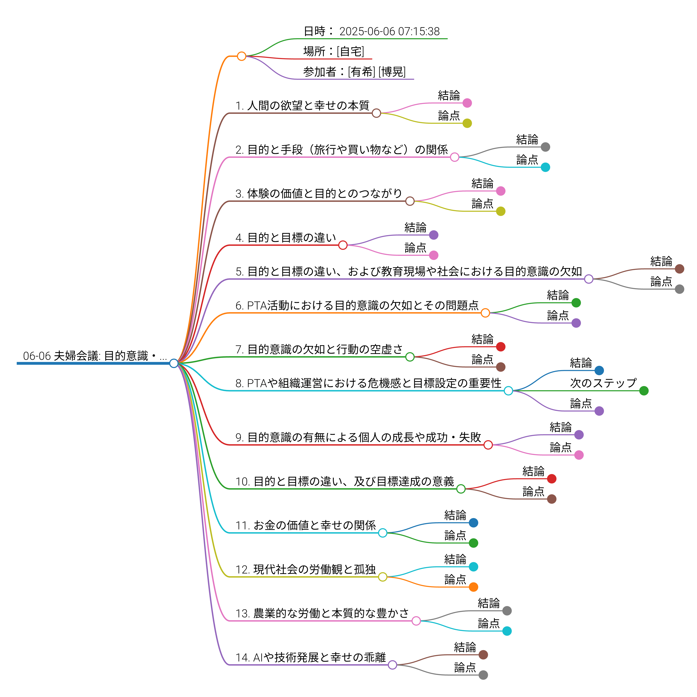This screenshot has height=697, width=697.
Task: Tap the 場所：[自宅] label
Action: click(334, 51)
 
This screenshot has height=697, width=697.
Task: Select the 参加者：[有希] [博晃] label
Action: click(354, 72)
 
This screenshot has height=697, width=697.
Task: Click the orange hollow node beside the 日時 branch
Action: click(242, 56)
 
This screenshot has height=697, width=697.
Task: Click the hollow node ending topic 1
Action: click(376, 113)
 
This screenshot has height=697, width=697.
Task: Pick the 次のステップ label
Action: click(603, 383)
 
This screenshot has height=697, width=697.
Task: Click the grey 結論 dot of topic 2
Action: click(545, 147)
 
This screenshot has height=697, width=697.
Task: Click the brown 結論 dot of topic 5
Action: click(679, 269)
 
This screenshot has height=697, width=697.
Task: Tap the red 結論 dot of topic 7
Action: click(501, 347)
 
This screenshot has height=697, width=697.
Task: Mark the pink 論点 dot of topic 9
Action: click(579, 455)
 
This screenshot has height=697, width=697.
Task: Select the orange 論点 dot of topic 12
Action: click(474, 587)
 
